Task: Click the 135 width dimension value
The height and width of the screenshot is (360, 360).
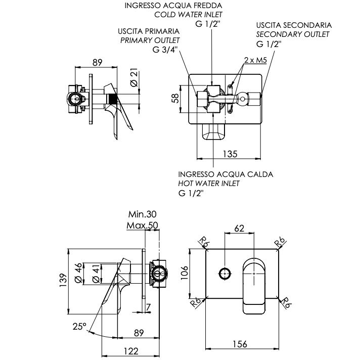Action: click(x=230, y=154)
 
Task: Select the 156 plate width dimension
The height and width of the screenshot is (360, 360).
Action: click(x=240, y=344)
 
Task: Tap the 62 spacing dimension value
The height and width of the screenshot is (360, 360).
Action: click(x=239, y=229)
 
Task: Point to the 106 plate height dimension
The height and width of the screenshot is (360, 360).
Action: click(x=185, y=273)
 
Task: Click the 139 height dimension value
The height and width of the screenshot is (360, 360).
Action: click(x=63, y=280)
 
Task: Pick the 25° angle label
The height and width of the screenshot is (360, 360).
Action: click(x=79, y=327)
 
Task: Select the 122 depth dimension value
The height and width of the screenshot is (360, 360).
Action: click(x=131, y=351)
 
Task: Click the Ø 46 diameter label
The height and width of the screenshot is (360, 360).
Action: click(x=78, y=273)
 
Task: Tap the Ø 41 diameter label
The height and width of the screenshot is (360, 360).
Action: click(x=96, y=273)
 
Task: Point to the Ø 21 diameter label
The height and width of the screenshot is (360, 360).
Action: click(x=134, y=77)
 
